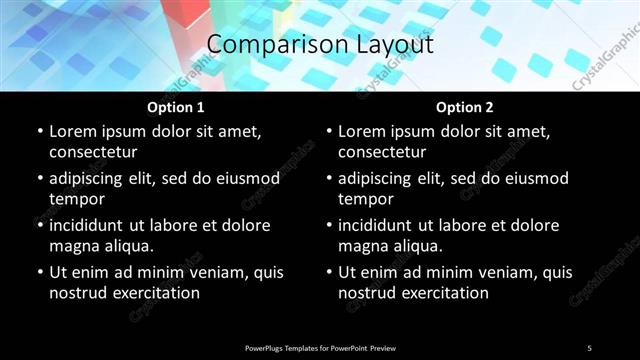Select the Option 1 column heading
[x=175, y=107]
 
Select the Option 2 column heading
[x=464, y=107]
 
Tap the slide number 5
[x=589, y=348]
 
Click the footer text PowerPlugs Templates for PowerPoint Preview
[x=320, y=348]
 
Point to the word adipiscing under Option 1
[x=92, y=178]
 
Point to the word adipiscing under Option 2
[x=381, y=178]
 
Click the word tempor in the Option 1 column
[x=76, y=199]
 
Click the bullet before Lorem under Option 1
[x=39, y=132]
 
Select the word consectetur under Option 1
[x=93, y=152]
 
